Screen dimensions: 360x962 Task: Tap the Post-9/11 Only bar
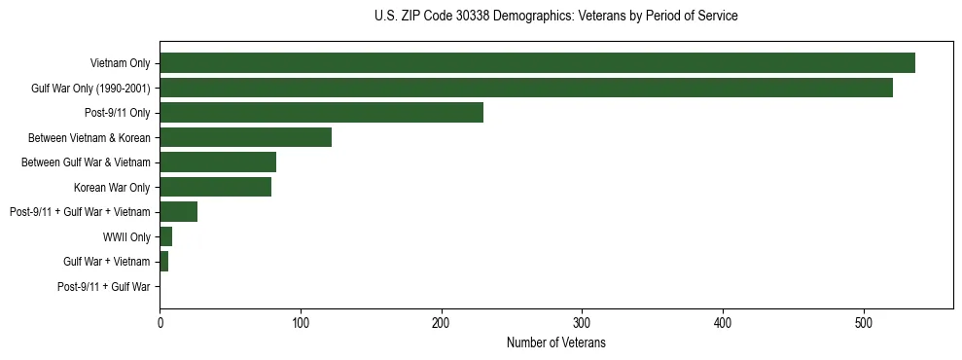321,113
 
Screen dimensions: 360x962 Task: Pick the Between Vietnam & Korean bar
245,137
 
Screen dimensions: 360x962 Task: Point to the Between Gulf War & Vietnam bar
218,162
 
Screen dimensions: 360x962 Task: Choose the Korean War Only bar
215,187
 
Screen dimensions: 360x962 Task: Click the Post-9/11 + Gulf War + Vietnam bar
178,212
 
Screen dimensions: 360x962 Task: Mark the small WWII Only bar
165,236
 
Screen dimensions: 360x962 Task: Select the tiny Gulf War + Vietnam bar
163,262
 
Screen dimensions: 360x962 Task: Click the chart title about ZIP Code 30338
555,17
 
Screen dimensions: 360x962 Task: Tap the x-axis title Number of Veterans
555,343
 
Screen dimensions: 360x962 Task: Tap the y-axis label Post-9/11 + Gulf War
104,287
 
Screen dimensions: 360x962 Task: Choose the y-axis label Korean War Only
112,188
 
